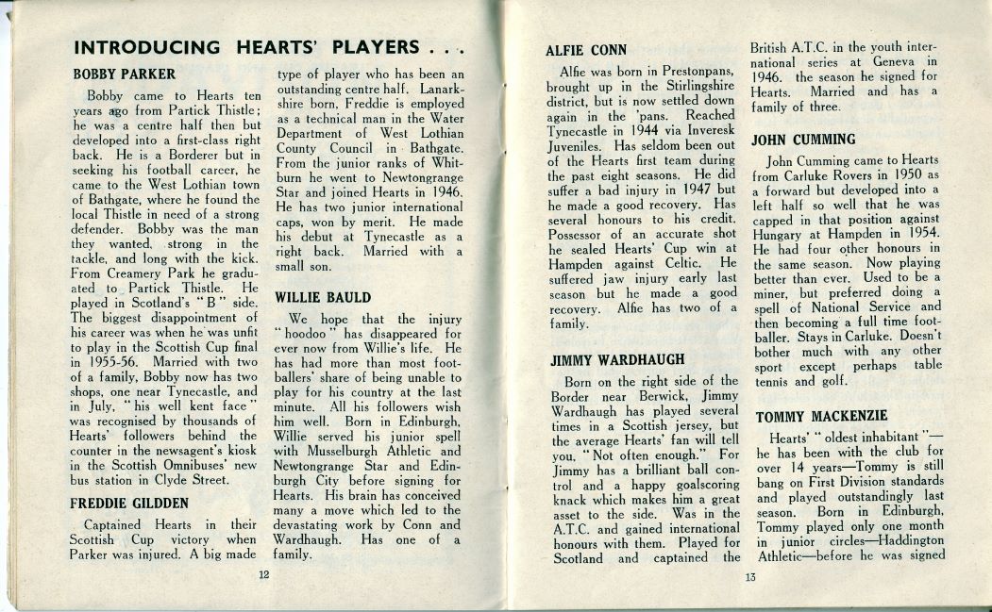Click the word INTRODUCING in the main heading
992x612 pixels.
pyautogui.click(x=146, y=48)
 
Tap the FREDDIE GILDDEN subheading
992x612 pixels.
pyautogui.click(x=128, y=504)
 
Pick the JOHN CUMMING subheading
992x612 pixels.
pyautogui.click(x=803, y=140)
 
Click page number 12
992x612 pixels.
pyautogui.click(x=264, y=574)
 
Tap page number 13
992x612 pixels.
pyautogui.click(x=749, y=578)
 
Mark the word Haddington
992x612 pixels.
pyautogui.click(x=900, y=542)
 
